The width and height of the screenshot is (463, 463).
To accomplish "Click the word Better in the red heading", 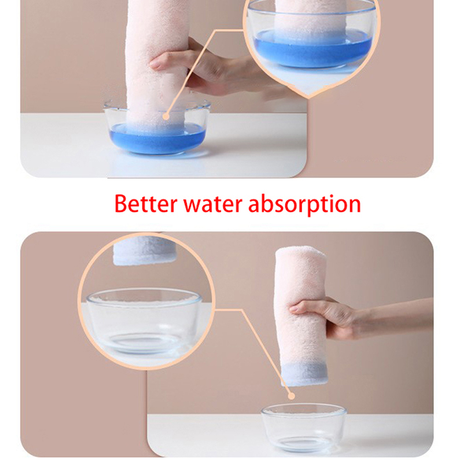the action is [x=146, y=204].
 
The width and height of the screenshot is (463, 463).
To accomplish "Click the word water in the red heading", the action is [x=212, y=205].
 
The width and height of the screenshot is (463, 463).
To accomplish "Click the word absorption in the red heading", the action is [x=304, y=205].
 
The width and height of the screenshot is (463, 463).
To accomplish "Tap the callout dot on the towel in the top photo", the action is [x=166, y=117].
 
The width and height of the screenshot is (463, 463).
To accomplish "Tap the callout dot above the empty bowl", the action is [x=292, y=396].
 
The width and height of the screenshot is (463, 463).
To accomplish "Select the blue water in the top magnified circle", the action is [x=313, y=47].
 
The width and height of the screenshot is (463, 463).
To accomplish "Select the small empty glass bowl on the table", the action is [x=304, y=427].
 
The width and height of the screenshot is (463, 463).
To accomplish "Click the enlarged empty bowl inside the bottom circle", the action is [x=144, y=321].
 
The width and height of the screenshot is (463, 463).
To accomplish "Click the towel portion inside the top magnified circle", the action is [x=311, y=16].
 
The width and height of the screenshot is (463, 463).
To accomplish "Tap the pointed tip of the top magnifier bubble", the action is [x=308, y=97].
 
